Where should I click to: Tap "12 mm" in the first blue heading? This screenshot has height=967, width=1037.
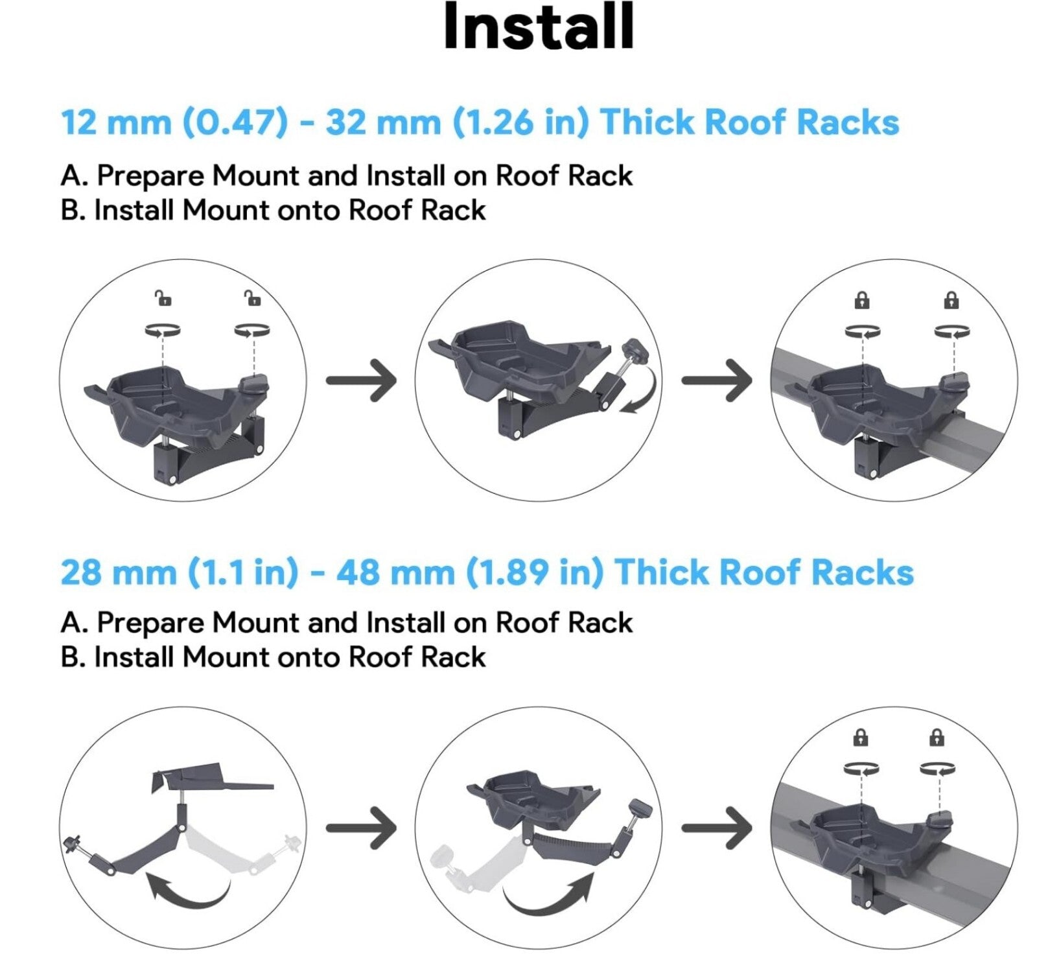116,122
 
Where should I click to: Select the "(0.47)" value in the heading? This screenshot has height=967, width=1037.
235,122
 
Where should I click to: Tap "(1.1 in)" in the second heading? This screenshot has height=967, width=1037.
244,573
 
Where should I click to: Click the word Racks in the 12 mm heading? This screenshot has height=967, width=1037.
848,122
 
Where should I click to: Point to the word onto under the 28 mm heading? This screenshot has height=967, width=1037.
309,657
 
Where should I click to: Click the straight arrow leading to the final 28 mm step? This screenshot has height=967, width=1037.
717,827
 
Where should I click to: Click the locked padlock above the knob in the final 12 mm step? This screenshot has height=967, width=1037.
951,301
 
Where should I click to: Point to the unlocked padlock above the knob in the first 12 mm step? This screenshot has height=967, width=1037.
252,298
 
